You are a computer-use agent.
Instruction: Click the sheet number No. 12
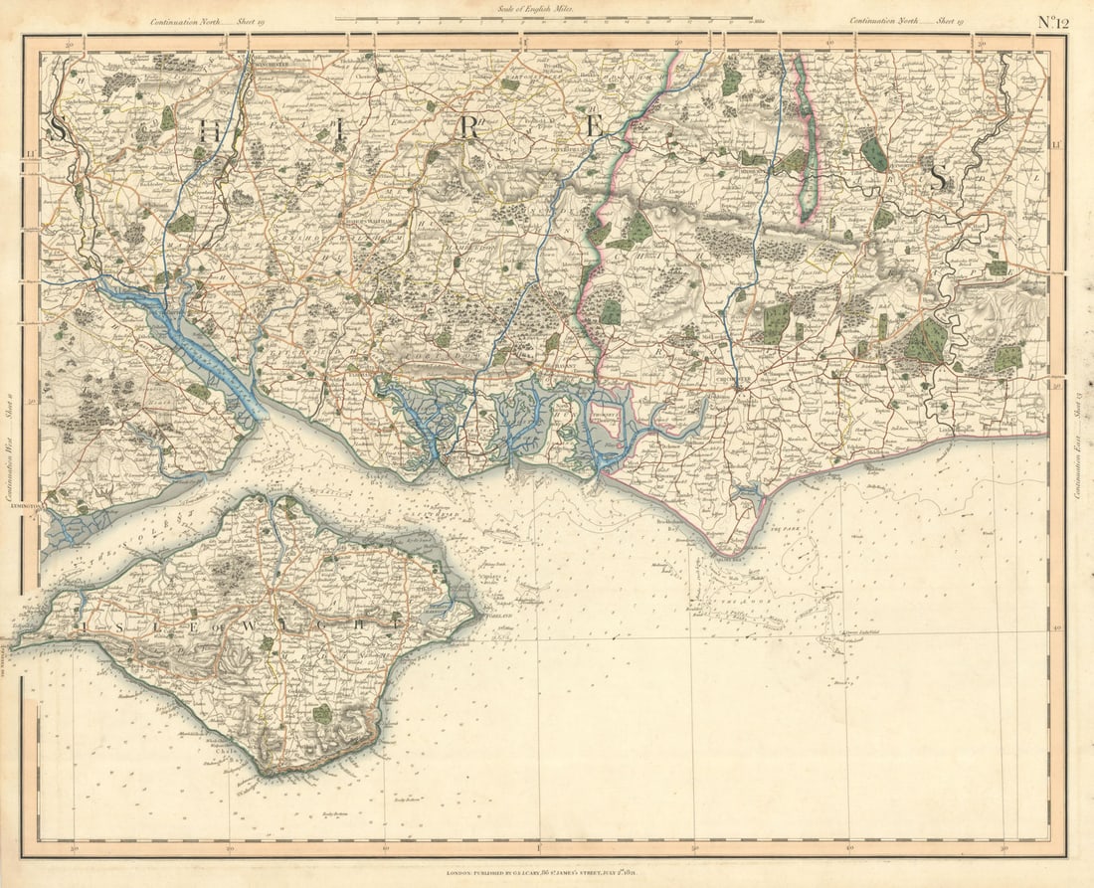coord(1053,21)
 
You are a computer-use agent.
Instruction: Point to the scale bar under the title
coord(543,19)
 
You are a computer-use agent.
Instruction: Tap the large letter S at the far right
coord(938,178)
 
